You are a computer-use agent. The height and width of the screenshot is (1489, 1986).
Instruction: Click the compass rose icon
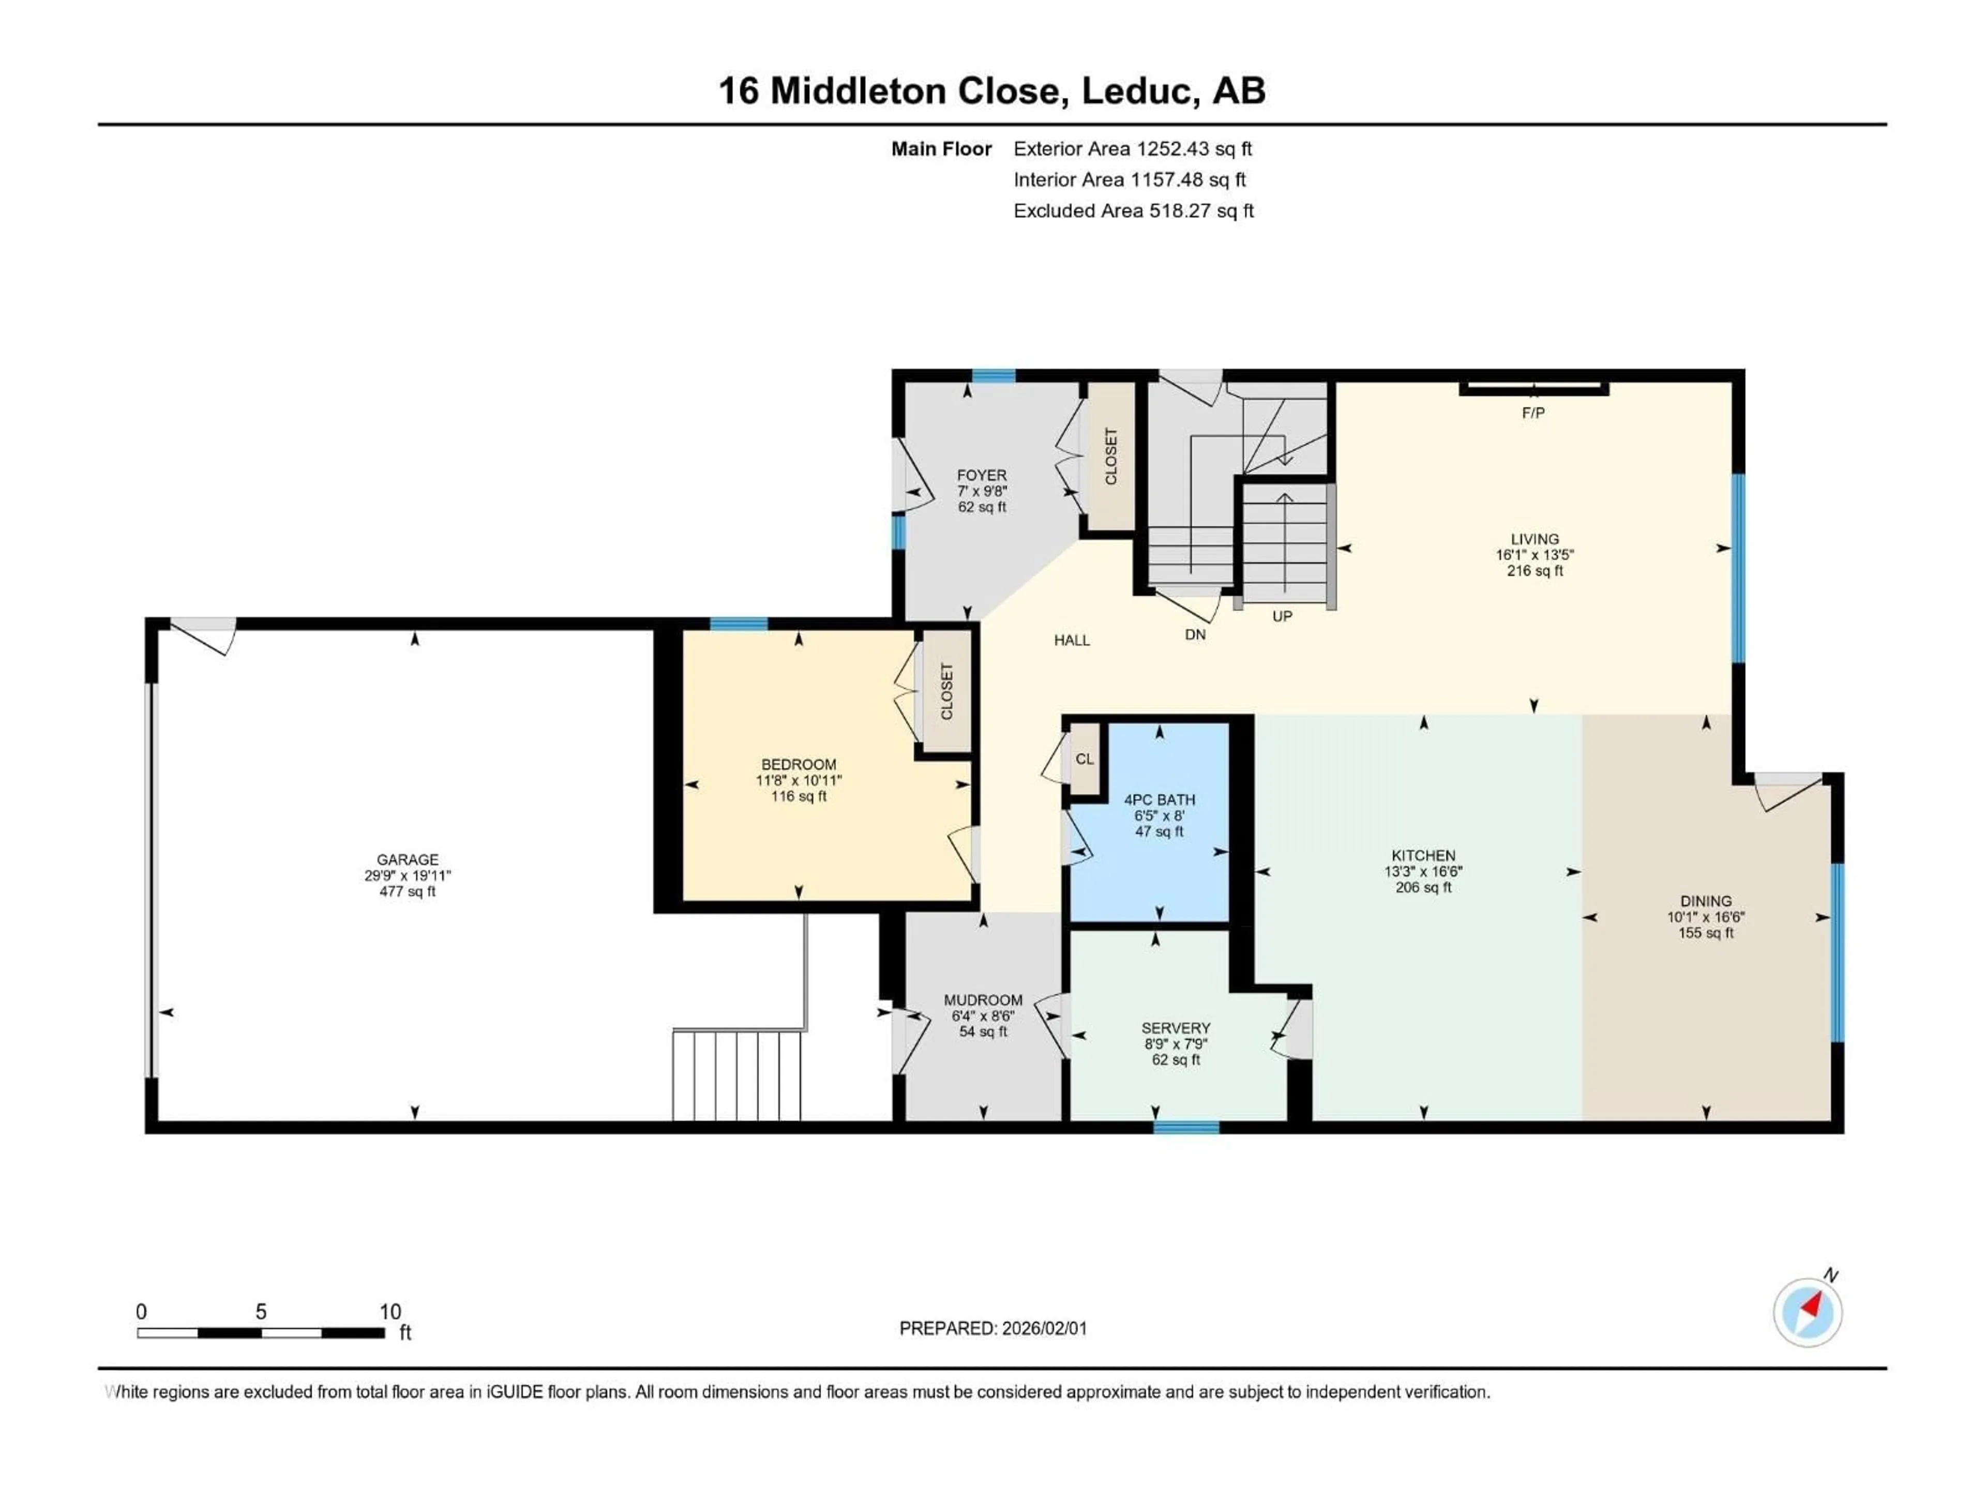tap(1808, 1311)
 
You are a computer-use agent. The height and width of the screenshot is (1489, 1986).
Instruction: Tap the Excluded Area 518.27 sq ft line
tap(1133, 211)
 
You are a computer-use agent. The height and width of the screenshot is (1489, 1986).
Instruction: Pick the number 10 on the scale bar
tap(389, 1311)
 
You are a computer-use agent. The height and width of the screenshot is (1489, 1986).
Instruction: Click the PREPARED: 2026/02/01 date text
tap(993, 1328)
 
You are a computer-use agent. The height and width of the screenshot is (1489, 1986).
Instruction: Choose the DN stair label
tap(1195, 634)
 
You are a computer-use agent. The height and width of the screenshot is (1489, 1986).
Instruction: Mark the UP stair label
tap(1282, 617)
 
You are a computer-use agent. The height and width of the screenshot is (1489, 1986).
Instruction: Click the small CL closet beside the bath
tap(1085, 758)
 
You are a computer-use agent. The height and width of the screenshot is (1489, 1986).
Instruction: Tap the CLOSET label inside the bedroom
tap(946, 691)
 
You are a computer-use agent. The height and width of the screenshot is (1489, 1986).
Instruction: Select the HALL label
tap(1072, 640)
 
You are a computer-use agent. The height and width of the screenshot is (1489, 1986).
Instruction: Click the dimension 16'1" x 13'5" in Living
tap(1534, 555)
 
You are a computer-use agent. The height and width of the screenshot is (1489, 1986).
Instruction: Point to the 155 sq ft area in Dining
tap(1706, 933)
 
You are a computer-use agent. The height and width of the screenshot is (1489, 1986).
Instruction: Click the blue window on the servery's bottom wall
tap(1186, 1127)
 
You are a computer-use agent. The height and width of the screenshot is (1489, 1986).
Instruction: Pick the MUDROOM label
tap(983, 1000)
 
